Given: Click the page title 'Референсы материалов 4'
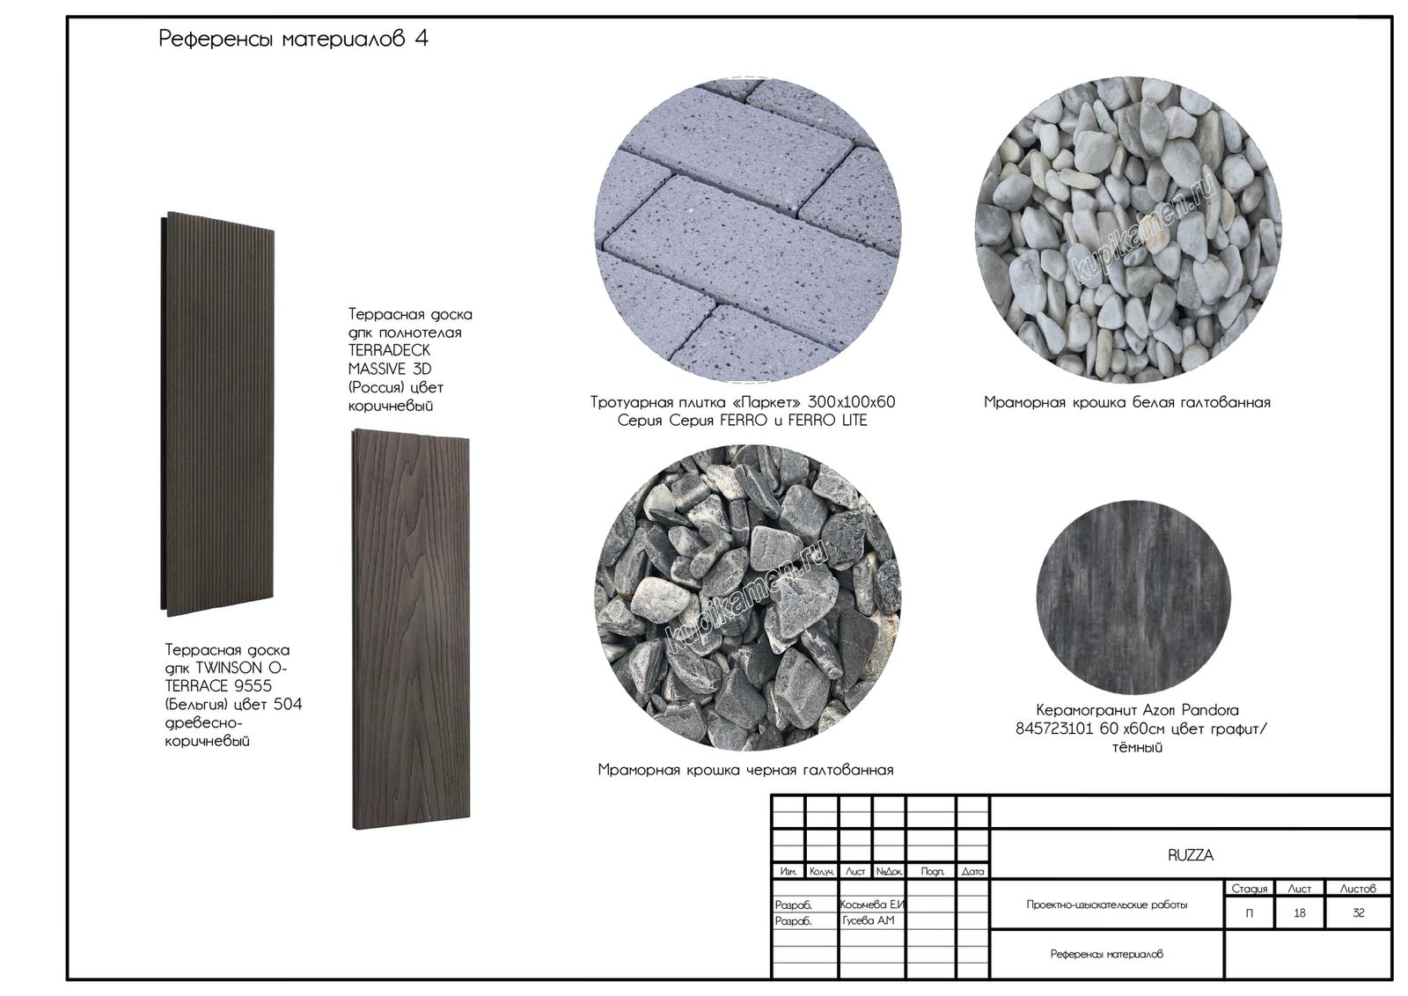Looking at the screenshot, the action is click(293, 39).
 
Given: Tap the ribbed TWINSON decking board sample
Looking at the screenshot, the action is click(217, 414).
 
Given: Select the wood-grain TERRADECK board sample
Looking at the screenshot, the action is click(411, 629).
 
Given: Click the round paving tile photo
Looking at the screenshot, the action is click(748, 230).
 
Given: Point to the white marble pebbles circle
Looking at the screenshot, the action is click(1127, 230).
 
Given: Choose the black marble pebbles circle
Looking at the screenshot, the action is click(748, 597).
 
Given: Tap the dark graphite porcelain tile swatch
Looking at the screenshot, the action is click(1134, 597).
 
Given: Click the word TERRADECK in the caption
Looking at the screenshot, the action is click(390, 350).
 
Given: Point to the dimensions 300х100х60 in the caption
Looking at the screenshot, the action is click(852, 402).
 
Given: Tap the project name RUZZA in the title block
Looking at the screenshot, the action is click(1191, 855).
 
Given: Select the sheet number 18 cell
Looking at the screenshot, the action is click(1300, 913).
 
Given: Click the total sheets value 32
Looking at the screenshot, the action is click(1359, 913).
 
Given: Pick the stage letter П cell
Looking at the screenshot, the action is click(1250, 913).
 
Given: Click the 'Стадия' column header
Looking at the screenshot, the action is click(1250, 889).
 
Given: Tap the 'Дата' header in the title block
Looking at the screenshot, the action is click(972, 872).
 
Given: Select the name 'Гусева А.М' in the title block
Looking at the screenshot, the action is click(868, 920).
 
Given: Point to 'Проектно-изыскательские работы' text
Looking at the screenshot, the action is click(1107, 904).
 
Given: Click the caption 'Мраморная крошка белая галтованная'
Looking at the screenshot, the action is click(1127, 402).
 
